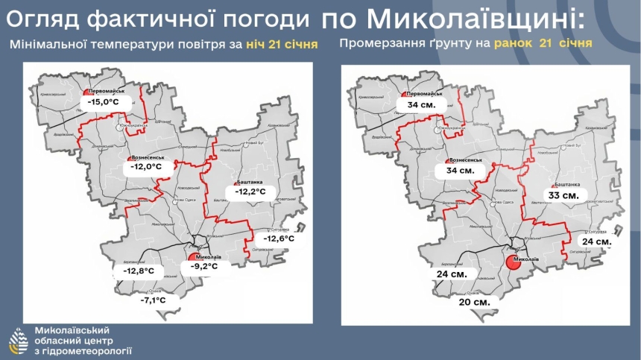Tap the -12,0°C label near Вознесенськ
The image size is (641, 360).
[145, 167]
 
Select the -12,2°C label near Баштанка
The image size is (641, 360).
[250, 192]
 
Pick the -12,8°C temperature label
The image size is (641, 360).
[139, 271]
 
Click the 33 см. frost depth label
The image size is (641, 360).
[563, 195]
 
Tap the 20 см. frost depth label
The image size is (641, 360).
[475, 302]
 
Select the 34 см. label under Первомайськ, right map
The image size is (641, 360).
[421, 106]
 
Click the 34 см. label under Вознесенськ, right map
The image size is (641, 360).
[461, 171]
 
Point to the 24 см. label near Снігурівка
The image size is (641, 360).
[597, 242]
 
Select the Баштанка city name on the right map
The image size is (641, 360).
[566, 183]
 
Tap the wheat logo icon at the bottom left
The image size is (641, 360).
[17, 341]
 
